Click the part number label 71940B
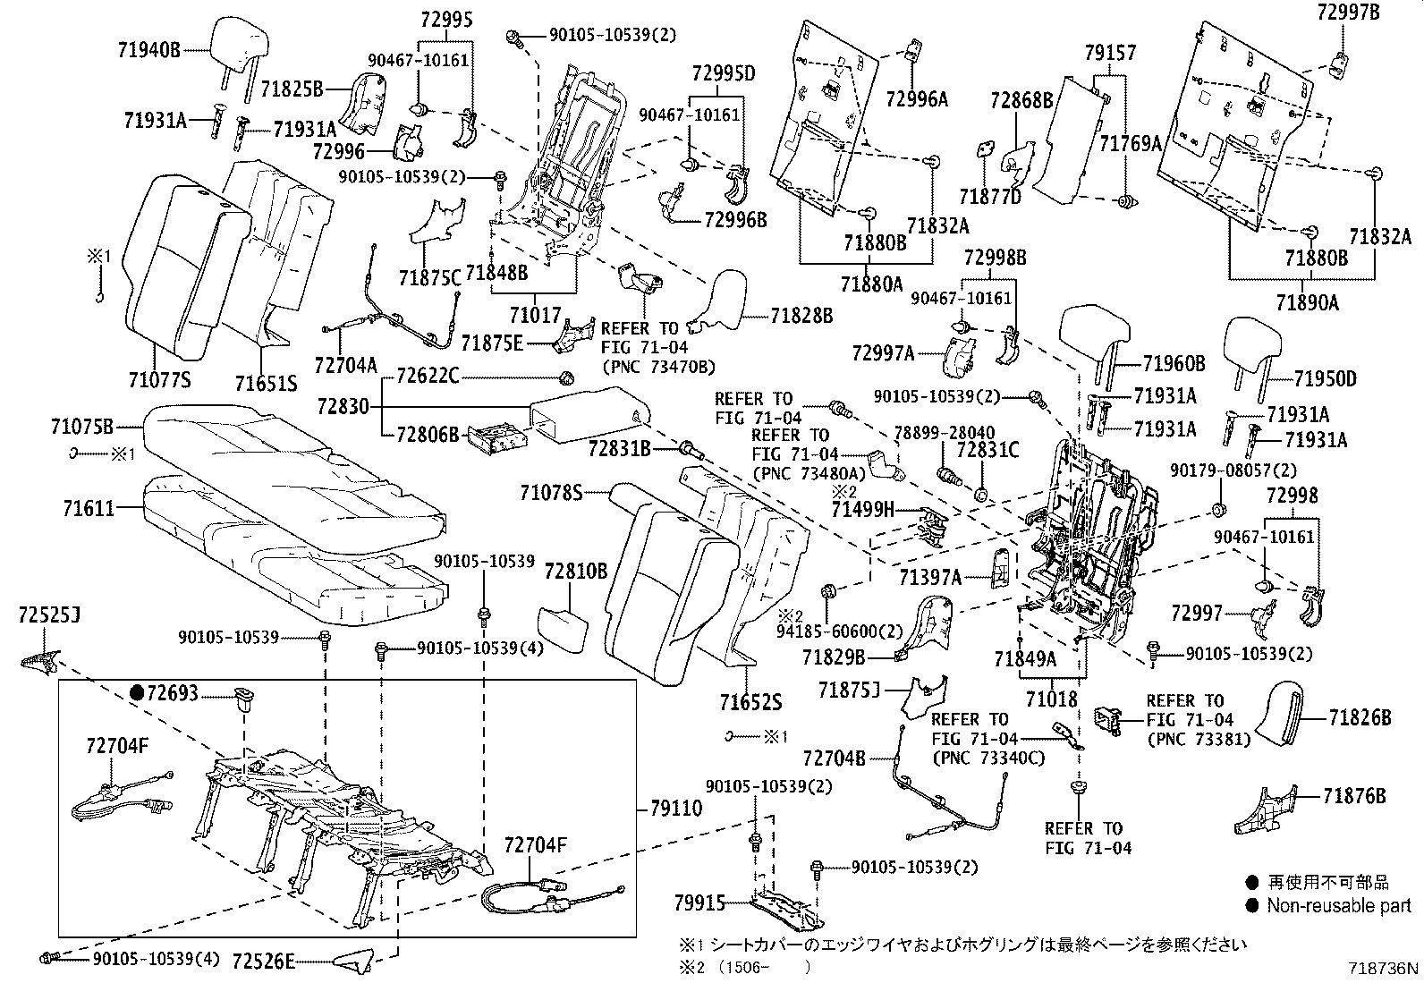[148, 51]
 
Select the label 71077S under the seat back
[159, 381]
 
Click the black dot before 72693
[137, 692]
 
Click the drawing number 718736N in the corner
[1385, 968]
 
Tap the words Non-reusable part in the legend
[1338, 906]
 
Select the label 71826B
[1360, 716]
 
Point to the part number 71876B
[1354, 795]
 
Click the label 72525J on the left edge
[49, 615]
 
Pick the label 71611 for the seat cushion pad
[89, 509]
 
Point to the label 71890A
[1307, 302]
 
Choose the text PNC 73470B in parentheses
[658, 367]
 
